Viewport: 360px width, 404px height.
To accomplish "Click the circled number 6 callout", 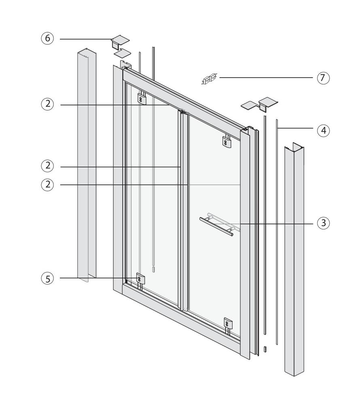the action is coord(47,38).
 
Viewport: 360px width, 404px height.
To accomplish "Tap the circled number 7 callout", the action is coord(323,78).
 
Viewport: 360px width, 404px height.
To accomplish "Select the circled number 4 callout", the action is coord(323,130).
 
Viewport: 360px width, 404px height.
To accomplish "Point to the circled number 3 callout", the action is coord(323,223).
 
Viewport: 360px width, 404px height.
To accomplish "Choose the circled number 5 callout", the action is coord(47,278).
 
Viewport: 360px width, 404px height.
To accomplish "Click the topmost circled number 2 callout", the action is coord(47,104).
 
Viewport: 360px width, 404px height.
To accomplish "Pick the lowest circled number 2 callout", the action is coord(47,185).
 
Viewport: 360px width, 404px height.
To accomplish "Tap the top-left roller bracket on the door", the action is coord(142,97).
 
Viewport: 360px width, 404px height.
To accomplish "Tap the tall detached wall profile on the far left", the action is coord(87,165).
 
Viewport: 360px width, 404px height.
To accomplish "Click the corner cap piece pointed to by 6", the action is coord(121,46).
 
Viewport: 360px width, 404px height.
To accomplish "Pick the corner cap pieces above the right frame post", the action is coord(259,104).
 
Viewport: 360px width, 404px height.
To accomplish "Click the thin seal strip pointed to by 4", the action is coord(277,232).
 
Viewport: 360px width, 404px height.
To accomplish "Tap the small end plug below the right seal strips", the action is coord(265,349).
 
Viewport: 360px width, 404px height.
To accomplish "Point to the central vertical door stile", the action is coord(182,210).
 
